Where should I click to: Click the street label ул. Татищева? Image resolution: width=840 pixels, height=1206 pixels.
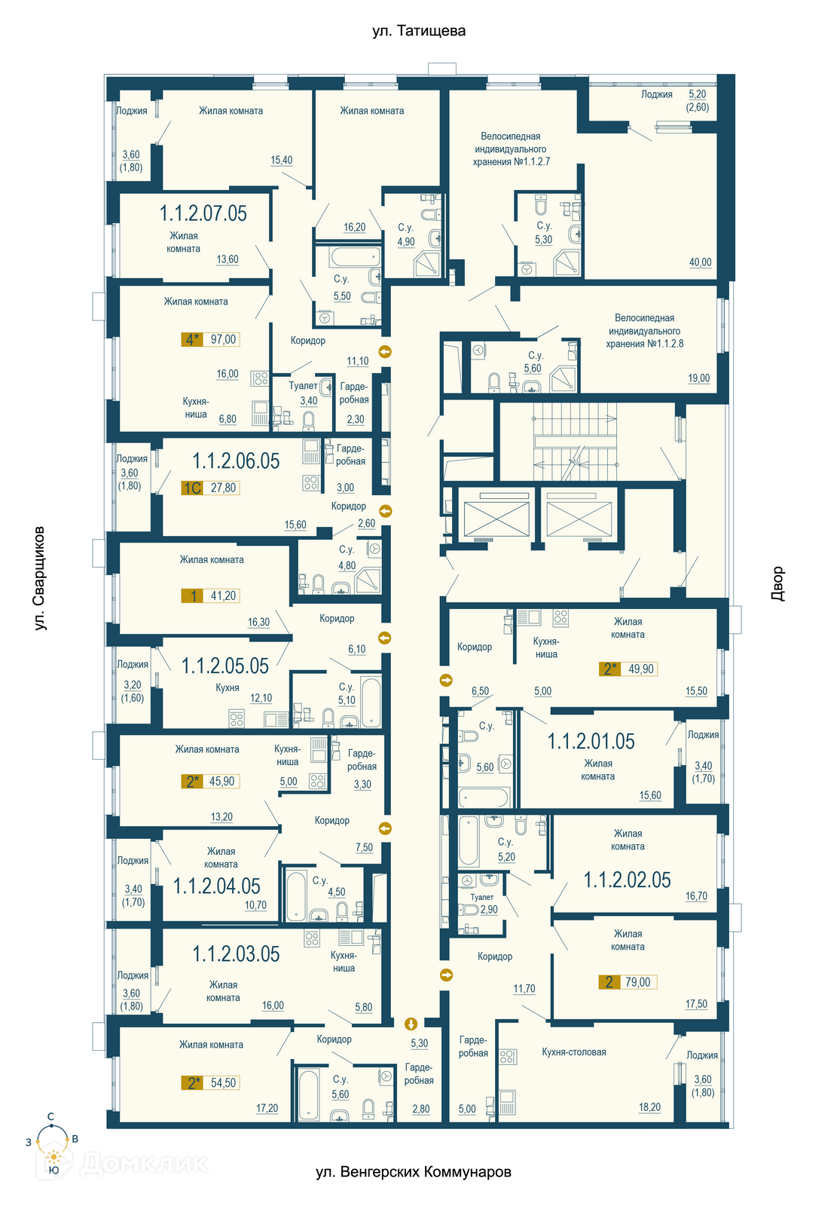(x=419, y=31)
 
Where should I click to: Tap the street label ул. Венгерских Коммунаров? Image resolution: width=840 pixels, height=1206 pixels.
(x=414, y=1171)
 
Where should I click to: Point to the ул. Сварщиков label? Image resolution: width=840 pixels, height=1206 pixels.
(x=39, y=578)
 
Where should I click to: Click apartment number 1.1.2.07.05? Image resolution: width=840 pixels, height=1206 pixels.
(x=203, y=213)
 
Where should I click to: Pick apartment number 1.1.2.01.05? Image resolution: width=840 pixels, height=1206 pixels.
(x=591, y=742)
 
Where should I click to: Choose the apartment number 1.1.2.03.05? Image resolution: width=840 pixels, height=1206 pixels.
(x=237, y=954)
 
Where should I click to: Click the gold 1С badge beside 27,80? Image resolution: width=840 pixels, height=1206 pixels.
(x=192, y=488)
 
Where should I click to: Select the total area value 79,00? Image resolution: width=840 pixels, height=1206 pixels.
(x=637, y=982)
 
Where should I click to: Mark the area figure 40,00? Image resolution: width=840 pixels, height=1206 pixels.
(x=700, y=262)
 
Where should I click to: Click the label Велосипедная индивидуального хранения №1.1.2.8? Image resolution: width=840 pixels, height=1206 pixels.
(x=645, y=331)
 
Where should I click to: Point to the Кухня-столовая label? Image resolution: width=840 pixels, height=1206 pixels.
(x=573, y=1052)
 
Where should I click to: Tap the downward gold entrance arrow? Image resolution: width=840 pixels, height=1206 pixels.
(x=411, y=1024)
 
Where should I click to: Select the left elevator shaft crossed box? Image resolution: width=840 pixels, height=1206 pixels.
(x=496, y=519)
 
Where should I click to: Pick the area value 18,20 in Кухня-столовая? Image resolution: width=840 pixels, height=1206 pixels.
(x=649, y=1107)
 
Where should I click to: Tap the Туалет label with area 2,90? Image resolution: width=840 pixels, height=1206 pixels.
(x=481, y=897)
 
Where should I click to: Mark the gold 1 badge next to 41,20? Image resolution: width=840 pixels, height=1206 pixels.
(x=192, y=596)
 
